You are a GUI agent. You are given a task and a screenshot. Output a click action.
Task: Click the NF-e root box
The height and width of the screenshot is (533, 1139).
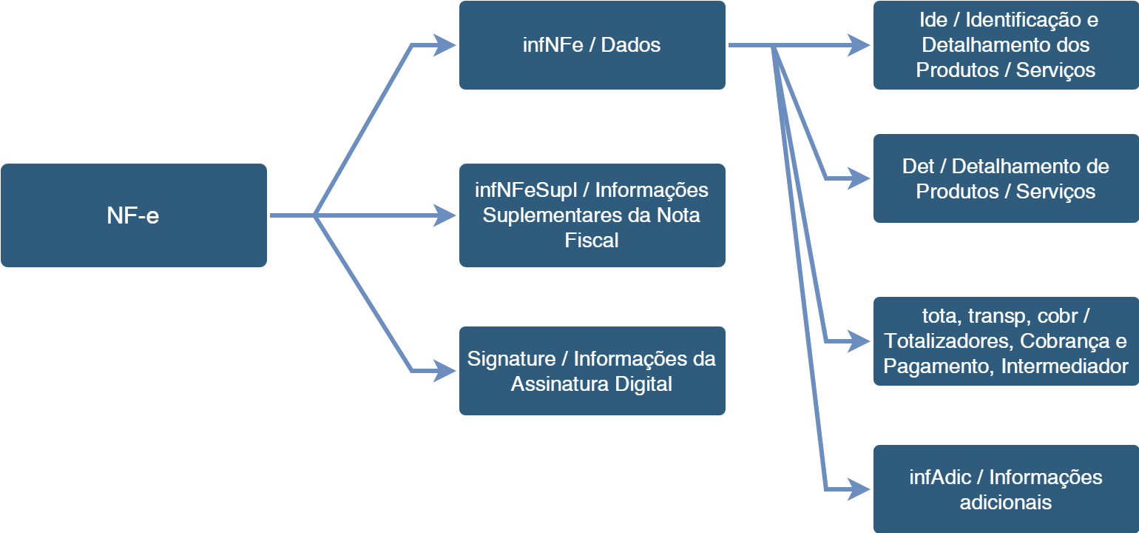pos(133,215)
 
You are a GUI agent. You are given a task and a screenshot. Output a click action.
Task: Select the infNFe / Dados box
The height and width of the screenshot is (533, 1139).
pos(592,45)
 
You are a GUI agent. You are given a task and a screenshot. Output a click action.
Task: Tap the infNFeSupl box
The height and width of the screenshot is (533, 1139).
pos(592,215)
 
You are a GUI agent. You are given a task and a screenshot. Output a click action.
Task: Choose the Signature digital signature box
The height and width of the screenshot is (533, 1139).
pos(592,371)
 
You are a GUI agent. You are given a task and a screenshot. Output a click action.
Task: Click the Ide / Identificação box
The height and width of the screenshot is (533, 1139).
pos(1006,45)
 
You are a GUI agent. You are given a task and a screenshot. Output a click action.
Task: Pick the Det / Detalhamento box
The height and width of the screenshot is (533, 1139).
pos(1006,178)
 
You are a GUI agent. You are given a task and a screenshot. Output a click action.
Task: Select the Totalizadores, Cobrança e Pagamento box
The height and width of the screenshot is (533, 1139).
pos(1006,341)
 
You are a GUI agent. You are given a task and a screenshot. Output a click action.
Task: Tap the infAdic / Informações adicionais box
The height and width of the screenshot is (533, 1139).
pos(1006,489)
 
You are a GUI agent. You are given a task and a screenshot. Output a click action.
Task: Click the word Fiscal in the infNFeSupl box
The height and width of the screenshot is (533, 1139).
pos(592,241)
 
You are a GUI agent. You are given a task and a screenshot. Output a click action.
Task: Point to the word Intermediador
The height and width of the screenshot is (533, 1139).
pos(1065,366)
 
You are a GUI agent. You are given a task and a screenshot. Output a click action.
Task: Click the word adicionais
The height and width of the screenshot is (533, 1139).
pos(1006,503)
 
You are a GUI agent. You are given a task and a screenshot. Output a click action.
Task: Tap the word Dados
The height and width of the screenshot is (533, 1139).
pos(630,45)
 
